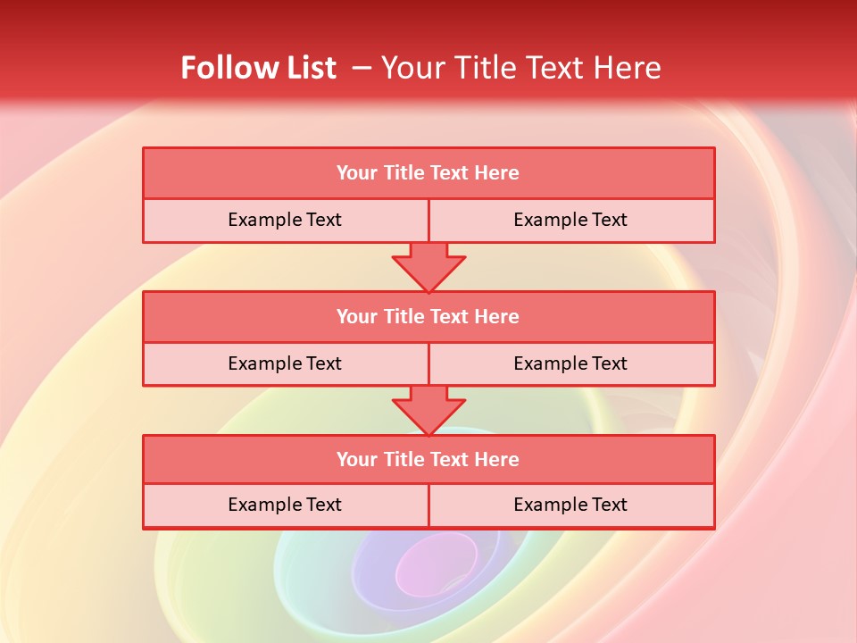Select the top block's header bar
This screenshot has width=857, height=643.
428,173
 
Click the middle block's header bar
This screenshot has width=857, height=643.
428,317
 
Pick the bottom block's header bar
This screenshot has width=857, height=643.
428,460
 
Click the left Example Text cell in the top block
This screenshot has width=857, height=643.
285,221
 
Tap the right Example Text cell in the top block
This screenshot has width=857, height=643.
571,221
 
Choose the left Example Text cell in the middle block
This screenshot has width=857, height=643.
285,364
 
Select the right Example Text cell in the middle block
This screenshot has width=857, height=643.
571,364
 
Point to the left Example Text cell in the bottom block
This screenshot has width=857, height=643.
285,505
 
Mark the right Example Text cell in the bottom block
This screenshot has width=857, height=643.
571,505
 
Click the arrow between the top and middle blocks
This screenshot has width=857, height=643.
428,267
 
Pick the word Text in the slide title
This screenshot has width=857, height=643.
560,68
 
